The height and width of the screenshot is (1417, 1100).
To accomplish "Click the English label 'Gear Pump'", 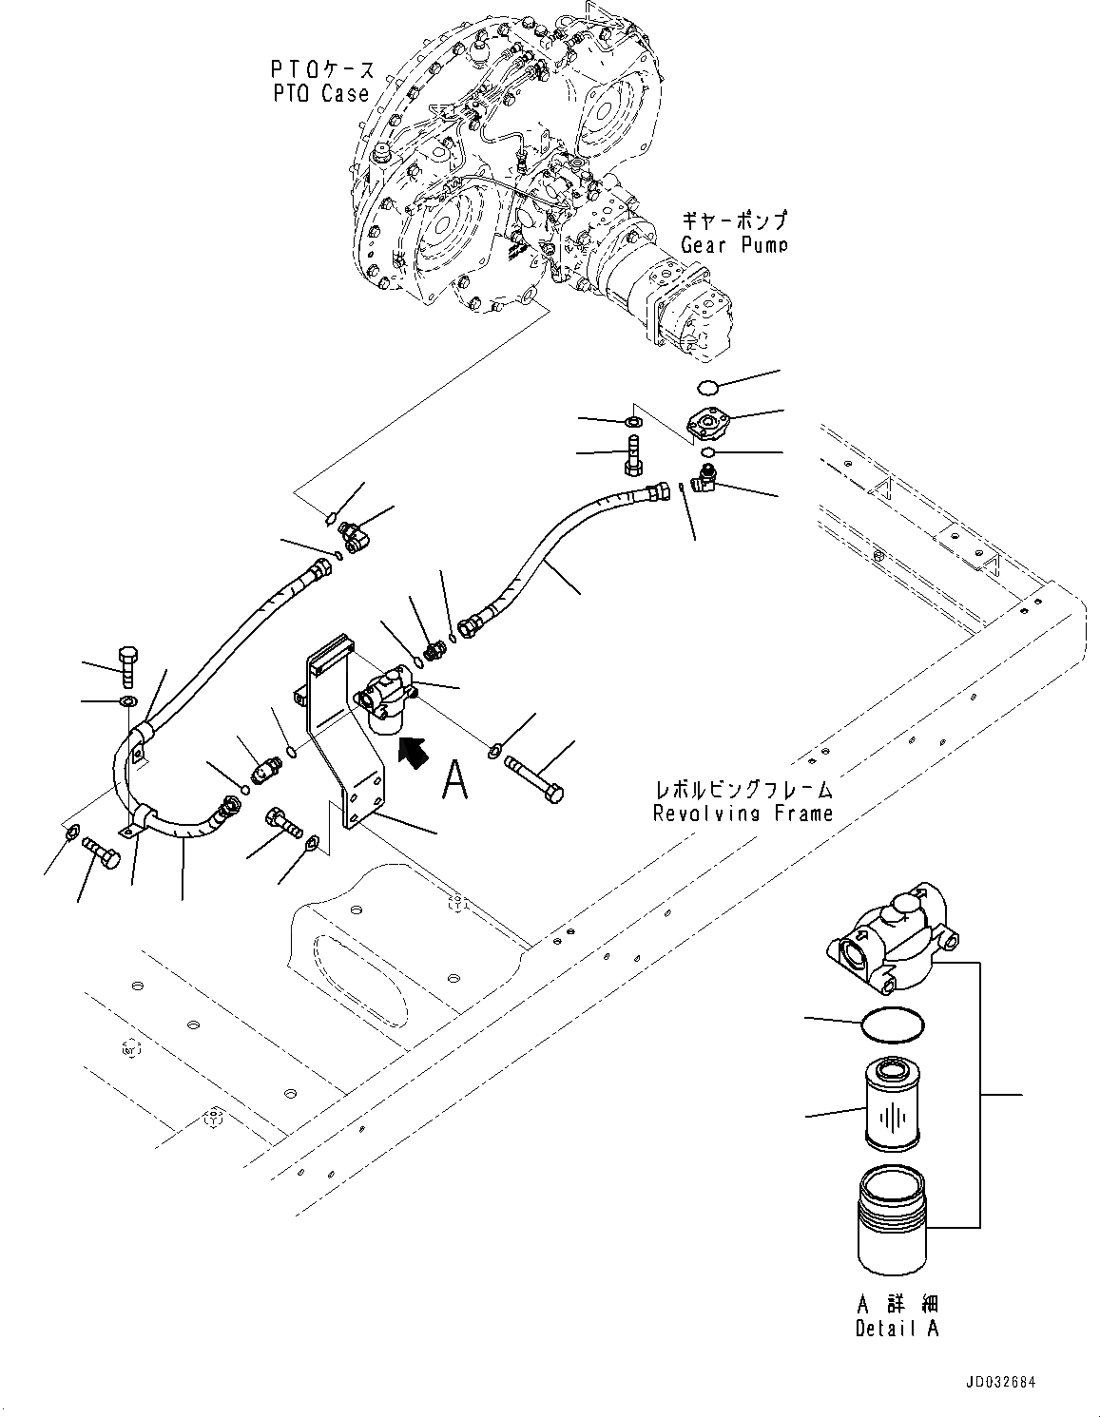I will click(x=733, y=244).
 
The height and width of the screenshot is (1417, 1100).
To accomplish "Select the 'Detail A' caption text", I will click(x=896, y=1329).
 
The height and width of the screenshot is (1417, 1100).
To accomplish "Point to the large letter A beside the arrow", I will click(x=456, y=781).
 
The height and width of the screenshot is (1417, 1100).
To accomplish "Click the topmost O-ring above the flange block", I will click(x=704, y=385).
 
